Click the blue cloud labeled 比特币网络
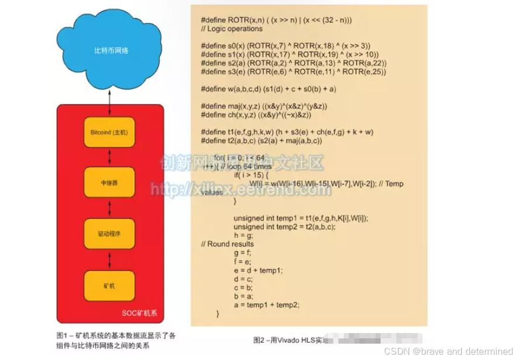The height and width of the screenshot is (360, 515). (x=109, y=51)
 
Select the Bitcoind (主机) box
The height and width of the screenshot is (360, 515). (x=109, y=133)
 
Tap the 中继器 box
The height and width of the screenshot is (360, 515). (x=109, y=182)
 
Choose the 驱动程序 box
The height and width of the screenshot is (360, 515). (x=109, y=234)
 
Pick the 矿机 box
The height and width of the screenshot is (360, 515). (x=109, y=286)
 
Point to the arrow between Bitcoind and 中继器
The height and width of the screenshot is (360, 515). (x=109, y=158)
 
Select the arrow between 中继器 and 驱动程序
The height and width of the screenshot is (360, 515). (x=109, y=208)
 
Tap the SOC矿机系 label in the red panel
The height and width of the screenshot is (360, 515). (x=139, y=313)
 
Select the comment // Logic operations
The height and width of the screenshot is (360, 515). (x=231, y=29)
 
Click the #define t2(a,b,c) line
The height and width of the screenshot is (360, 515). (x=261, y=141)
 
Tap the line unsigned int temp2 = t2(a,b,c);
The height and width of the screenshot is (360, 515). (x=284, y=227)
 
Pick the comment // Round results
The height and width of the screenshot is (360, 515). (x=227, y=244)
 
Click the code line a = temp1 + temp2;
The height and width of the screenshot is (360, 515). (x=266, y=304)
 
